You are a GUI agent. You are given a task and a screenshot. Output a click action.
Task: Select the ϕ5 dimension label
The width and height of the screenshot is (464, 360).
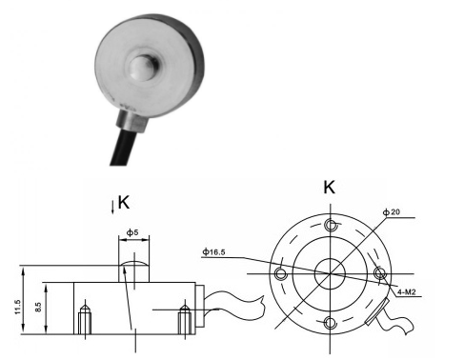click(x=133, y=231)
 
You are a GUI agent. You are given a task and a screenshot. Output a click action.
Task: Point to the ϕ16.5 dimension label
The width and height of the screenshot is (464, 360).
click(x=215, y=252)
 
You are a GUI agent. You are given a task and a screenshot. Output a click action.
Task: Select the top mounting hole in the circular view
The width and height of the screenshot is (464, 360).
click(x=330, y=226)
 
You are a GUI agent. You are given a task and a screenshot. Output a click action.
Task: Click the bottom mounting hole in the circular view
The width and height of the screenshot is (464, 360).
click(x=330, y=323)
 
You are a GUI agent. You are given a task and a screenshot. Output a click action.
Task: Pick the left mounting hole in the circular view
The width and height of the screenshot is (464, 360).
click(x=281, y=274)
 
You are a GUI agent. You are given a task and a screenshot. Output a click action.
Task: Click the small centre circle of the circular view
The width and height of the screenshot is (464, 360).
click(x=330, y=274)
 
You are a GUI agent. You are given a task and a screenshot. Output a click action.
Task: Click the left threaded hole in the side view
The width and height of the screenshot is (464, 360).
click(x=86, y=319)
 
